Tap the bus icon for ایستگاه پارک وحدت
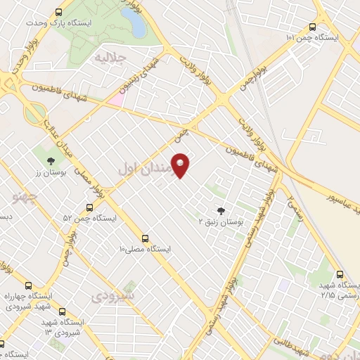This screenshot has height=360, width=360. point(58,12)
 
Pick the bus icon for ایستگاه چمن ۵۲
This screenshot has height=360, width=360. point(89,207)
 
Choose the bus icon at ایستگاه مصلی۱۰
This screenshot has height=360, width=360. point(146,238)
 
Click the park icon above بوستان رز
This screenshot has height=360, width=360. point(49,160)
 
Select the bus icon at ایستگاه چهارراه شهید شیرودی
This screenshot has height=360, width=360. point(29,285)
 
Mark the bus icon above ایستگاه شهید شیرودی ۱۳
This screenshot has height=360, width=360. point(63,311)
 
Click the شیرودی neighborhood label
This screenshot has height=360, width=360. point(113,297)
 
